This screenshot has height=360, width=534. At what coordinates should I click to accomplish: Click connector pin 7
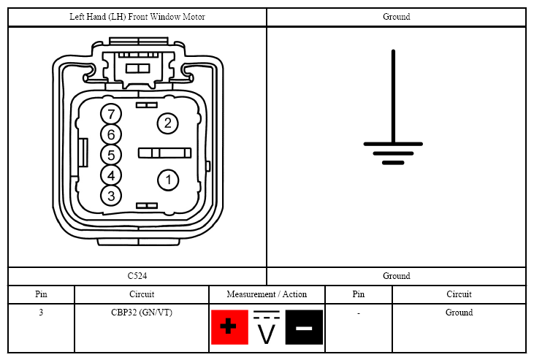[x=111, y=114]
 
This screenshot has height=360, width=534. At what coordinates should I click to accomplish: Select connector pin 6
[x=111, y=134]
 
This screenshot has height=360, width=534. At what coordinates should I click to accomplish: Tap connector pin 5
[x=111, y=155]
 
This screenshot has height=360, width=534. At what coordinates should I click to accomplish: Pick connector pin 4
[x=111, y=175]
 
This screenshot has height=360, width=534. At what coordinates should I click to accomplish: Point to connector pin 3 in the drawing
[x=111, y=196]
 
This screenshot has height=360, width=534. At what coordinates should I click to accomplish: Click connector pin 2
[x=167, y=123]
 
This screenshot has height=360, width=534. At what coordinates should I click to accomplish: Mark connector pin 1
[x=168, y=180]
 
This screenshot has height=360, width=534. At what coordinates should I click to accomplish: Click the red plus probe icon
[x=229, y=327]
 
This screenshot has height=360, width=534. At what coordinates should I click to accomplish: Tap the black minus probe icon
[x=304, y=327]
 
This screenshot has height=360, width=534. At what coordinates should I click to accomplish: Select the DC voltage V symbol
[x=267, y=327]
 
